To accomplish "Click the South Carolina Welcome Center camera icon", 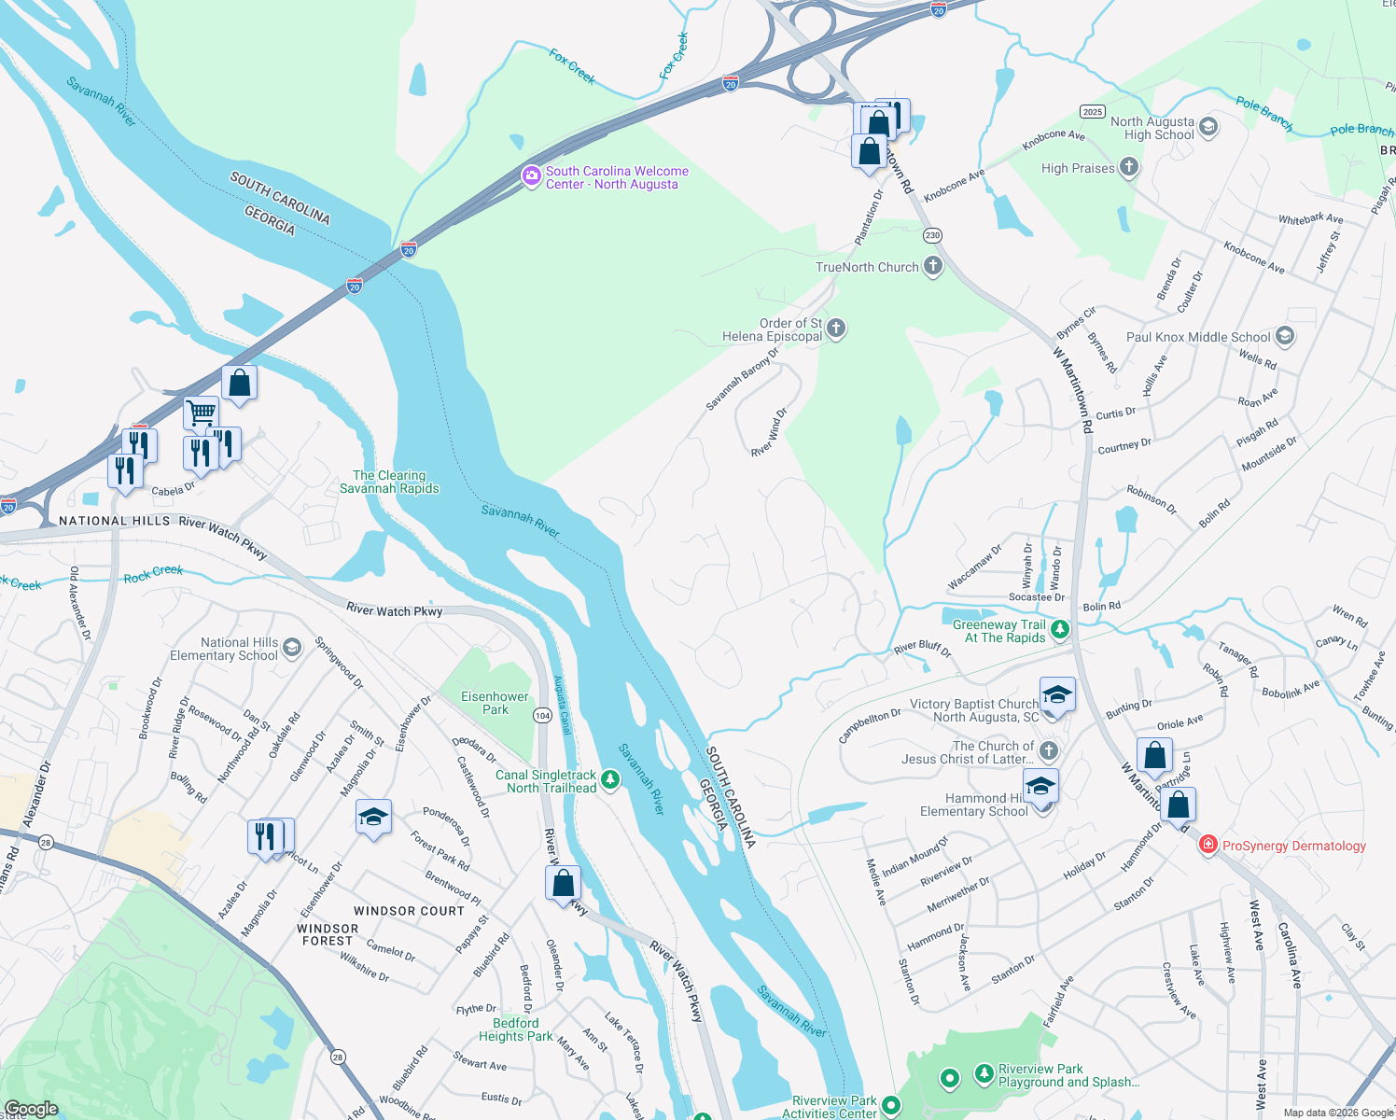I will [x=531, y=176].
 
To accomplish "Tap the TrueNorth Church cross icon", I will [x=932, y=267].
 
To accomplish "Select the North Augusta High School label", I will [x=1152, y=129].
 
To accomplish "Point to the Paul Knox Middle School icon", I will [x=1285, y=336].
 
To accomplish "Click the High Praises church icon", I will [x=1129, y=168].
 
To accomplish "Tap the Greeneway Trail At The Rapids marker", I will [x=1060, y=630].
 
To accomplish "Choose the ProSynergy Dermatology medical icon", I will [x=1208, y=845].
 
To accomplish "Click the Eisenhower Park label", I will [x=495, y=703].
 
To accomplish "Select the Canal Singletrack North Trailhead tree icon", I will [x=610, y=779].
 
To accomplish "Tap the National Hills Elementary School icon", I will [x=292, y=648].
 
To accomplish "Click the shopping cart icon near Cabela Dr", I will [x=201, y=412].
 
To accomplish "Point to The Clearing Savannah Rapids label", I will [x=389, y=482].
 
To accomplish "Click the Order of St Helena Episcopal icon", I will [x=836, y=328].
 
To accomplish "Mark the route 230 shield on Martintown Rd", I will [x=932, y=235].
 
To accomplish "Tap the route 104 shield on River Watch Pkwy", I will [x=542, y=715].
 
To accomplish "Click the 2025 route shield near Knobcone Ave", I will [x=1093, y=111].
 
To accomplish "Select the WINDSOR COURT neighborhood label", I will [x=409, y=911].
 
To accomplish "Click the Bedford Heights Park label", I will [x=515, y=1029].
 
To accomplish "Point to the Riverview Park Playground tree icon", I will [x=984, y=1074].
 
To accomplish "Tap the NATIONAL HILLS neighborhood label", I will [x=114, y=521].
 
